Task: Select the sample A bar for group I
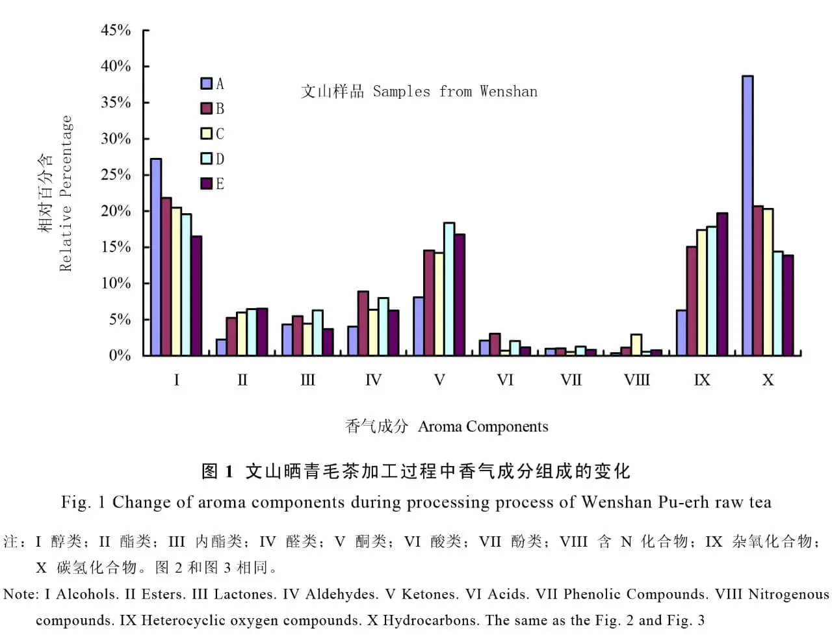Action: pos(156,257)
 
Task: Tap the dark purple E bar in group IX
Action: pos(721,284)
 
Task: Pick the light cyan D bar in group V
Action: pos(449,289)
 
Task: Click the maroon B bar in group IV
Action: pos(363,323)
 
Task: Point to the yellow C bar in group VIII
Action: pos(636,345)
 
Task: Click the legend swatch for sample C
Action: pos(207,134)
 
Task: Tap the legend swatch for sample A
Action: pos(207,84)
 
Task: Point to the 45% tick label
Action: pos(116,31)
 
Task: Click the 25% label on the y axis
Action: pos(116,175)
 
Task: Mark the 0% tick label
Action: pos(120,356)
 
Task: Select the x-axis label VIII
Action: pos(636,380)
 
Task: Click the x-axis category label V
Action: pos(439,380)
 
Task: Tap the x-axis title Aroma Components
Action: pos(483,427)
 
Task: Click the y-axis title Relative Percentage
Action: pos(66,193)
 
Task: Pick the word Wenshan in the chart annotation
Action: pos(508,92)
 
